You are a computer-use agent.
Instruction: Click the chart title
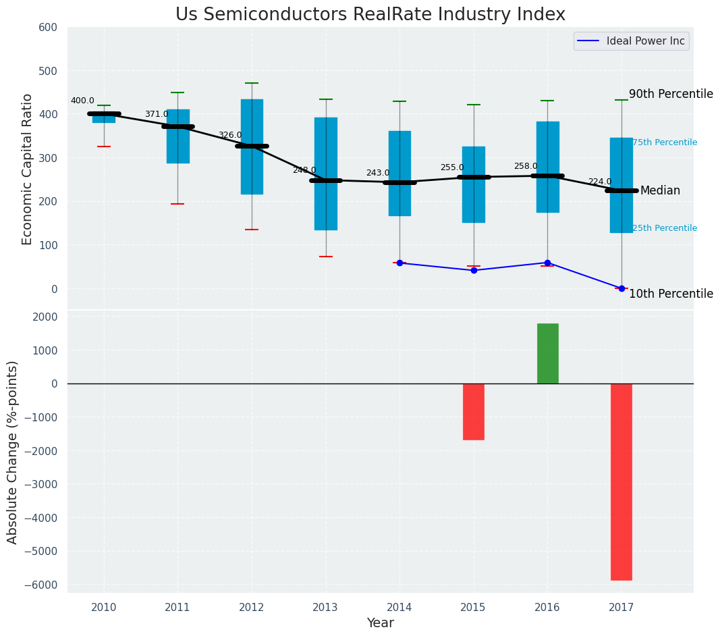(370, 15)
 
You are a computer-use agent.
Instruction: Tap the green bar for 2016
(547, 353)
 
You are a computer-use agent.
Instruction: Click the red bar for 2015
(473, 411)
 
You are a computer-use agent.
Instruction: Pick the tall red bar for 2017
(621, 481)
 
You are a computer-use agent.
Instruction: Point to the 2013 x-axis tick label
(326, 607)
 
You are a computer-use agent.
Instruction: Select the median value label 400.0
(82, 101)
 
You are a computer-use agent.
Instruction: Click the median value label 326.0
(230, 136)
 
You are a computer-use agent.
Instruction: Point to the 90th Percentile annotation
(671, 94)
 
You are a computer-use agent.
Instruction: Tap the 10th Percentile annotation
(671, 294)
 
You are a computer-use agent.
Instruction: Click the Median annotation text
(660, 191)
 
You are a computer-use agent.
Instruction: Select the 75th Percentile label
(665, 142)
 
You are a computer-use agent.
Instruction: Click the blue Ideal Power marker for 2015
(474, 270)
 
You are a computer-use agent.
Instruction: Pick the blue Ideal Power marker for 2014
(399, 263)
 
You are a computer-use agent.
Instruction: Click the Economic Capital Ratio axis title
(28, 169)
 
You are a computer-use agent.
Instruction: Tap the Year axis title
(380, 623)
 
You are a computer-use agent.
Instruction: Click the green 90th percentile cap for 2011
(177, 92)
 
